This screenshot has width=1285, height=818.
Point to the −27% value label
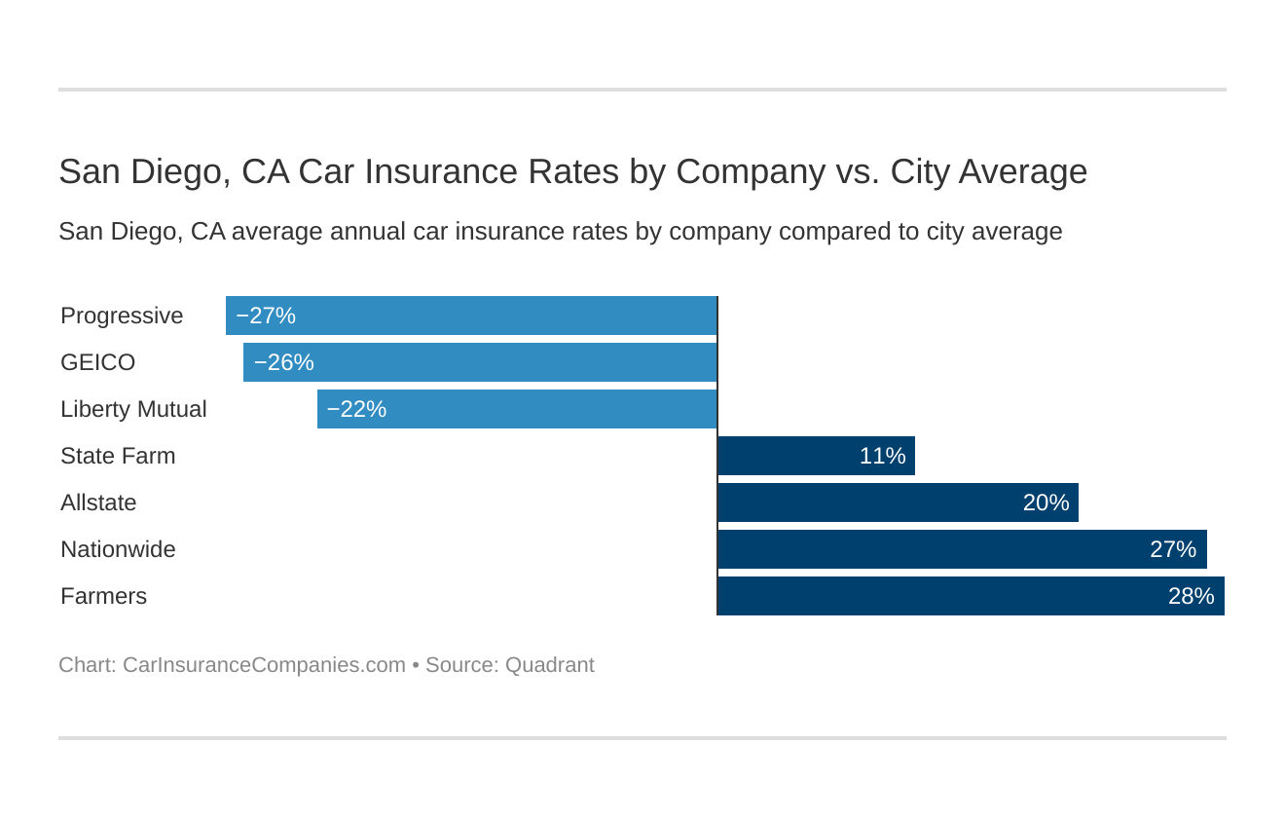coord(266,316)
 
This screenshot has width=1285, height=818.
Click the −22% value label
coord(356,409)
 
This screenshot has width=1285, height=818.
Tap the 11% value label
coord(882,456)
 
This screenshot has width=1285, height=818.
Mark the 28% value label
coord(1191,596)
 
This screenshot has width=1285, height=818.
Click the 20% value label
coord(1046,502)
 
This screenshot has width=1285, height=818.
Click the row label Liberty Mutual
coord(133,409)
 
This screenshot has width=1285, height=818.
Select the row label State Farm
coord(118,456)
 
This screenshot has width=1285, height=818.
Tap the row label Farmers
coord(103,596)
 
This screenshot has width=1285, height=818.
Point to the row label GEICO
coord(97,362)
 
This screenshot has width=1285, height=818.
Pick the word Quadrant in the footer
coord(549,665)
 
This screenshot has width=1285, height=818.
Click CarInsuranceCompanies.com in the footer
coord(264,665)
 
